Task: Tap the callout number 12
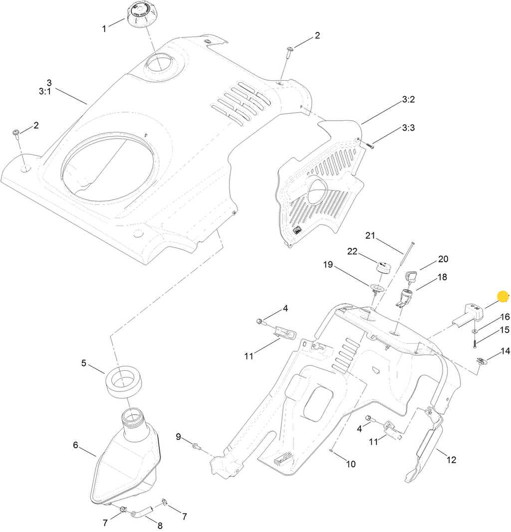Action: pos(451,460)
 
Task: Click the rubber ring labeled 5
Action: pos(123,382)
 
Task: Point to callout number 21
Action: pos(369,235)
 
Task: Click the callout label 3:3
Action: pos(408,128)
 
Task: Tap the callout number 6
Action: pos(76,444)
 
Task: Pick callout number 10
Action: pos(351,464)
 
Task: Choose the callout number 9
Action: pos(178,437)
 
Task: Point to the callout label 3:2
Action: pos(408,100)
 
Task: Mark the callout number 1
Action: pos(104,29)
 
